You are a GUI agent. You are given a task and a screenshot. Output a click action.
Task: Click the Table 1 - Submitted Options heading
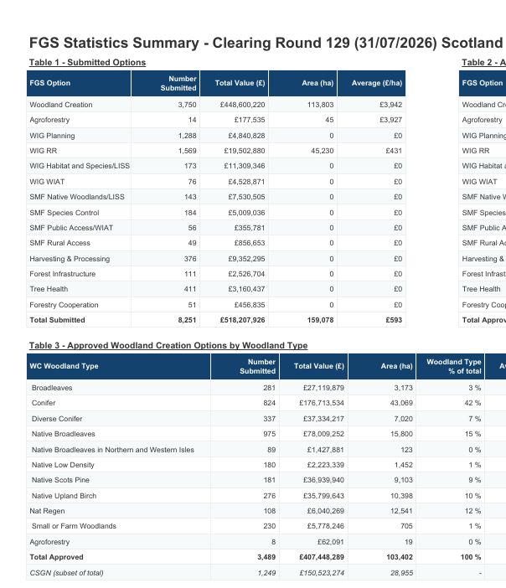coord(87,62)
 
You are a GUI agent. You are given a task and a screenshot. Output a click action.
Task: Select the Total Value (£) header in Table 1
coord(240,83)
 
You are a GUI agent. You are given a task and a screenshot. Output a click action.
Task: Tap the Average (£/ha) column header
coord(377,83)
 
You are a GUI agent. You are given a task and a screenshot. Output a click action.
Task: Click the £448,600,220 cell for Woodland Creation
coord(242,105)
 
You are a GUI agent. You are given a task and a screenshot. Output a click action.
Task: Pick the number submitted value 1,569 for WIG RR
coord(187,151)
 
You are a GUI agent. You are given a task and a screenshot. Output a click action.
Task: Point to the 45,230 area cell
coord(323,151)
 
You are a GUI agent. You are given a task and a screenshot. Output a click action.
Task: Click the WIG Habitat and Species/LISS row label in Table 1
coord(80,166)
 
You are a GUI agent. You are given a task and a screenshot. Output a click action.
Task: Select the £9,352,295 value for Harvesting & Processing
coord(246,259)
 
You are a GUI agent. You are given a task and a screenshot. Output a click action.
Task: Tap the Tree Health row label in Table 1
coord(49,289)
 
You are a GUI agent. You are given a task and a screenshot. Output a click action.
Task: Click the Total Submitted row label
coord(58,320)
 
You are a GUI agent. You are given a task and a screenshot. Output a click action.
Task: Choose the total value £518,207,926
coord(242,320)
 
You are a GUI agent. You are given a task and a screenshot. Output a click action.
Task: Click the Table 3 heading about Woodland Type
coord(168,345)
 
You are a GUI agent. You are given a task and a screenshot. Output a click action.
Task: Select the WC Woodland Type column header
coord(65,366)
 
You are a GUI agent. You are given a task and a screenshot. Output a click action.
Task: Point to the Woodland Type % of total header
coord(454,366)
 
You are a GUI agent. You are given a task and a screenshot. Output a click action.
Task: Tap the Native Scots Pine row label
coord(60,480)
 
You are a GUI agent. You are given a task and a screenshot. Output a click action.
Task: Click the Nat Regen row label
coord(47,511)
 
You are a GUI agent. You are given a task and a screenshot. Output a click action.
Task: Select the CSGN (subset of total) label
coord(66,573)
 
